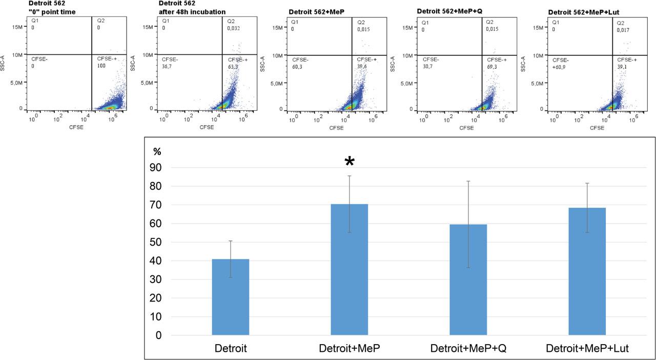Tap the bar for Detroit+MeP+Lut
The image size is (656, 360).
tap(587, 271)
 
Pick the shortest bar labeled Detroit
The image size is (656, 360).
tap(231, 297)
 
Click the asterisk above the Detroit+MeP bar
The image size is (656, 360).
tap(350, 162)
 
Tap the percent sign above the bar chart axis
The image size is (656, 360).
tap(157, 152)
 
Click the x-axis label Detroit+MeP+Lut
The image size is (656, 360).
tap(587, 349)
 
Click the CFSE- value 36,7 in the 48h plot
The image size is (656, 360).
tap(168, 67)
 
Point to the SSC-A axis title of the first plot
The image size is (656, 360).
tap(4, 64)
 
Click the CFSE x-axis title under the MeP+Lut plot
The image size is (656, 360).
tap(597, 128)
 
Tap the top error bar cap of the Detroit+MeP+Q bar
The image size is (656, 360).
tap(468, 181)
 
